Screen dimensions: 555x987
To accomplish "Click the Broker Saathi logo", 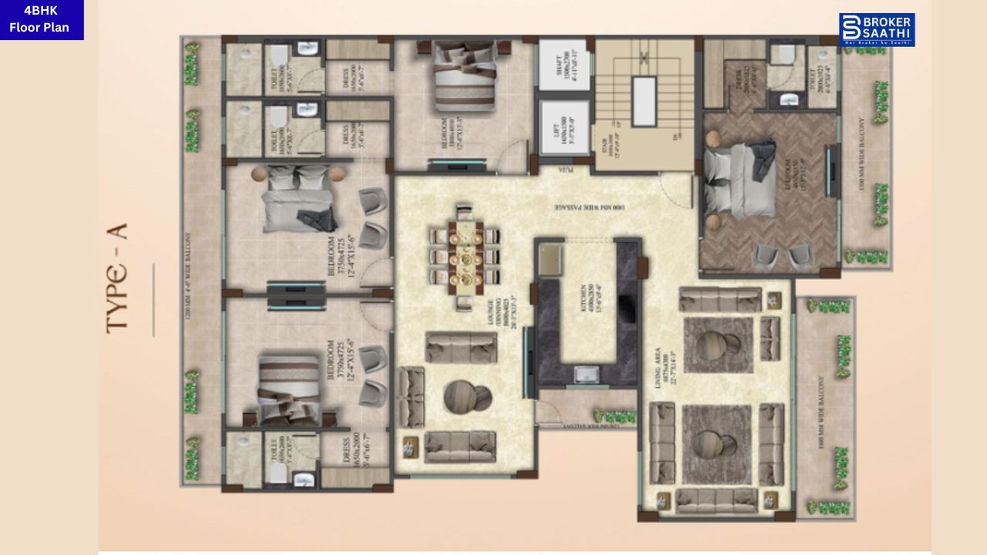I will [x=877, y=29].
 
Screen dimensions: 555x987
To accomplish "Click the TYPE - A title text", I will [x=116, y=277].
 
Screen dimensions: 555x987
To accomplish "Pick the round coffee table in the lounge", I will [x=467, y=397].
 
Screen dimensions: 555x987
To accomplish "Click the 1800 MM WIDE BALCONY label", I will [x=820, y=409].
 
